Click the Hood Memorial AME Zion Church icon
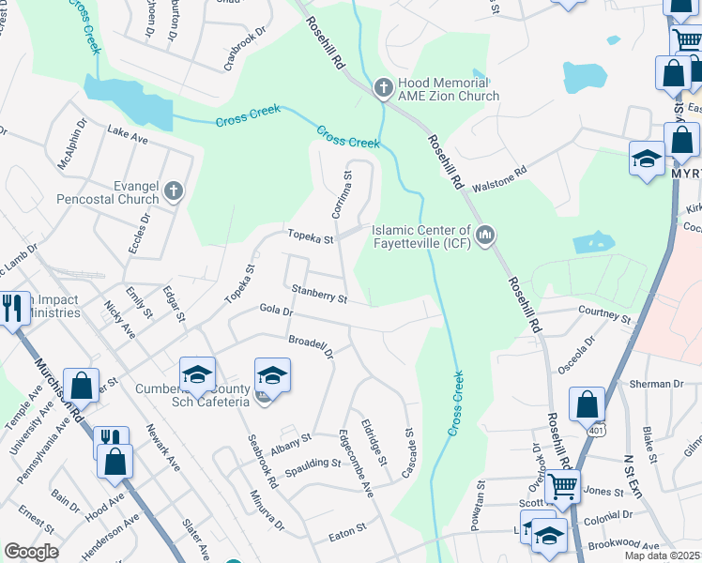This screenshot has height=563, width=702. coord(383,88)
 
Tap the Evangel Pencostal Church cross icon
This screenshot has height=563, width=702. coord(172,192)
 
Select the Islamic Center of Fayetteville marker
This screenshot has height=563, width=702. coord(484,235)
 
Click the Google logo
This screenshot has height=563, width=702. coord(31,552)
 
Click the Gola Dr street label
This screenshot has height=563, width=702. coord(276,310)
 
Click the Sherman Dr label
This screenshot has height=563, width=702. coord(657,384)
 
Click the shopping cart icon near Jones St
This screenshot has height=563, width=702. coord(562,485)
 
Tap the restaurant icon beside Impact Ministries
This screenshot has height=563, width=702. coord(12,308)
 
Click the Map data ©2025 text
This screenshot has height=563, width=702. coord(662,555)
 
